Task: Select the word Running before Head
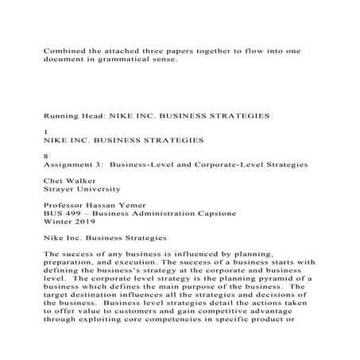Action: coord(62,116)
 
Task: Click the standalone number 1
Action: coord(45,132)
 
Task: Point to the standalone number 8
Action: coord(45,157)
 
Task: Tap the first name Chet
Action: coord(53,181)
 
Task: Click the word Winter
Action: coord(58,222)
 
